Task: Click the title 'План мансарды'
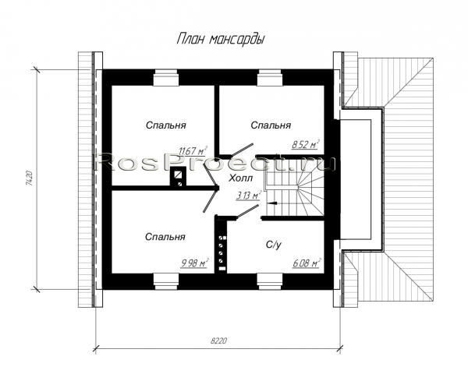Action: coord(221,40)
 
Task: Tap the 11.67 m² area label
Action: coord(193,151)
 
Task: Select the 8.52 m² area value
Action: coord(305,145)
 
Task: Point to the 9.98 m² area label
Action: coord(194,263)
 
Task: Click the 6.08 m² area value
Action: coord(307,263)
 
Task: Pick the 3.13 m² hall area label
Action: coord(249,196)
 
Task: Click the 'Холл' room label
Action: coord(240,178)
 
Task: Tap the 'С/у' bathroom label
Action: coord(274,245)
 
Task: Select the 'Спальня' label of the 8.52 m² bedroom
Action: coord(271,125)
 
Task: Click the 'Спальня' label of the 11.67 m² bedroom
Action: coord(165,125)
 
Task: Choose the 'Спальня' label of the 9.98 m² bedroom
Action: coord(165,237)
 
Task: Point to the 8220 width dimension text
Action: coord(218,340)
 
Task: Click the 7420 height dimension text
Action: coord(29,178)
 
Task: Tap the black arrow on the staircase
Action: coord(272,203)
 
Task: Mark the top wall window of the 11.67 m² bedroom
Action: coord(166,78)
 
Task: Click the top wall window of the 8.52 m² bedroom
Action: coord(270,78)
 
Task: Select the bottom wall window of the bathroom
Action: coord(270,281)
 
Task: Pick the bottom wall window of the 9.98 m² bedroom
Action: coord(166,281)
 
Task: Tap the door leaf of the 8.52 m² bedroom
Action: coord(243,150)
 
